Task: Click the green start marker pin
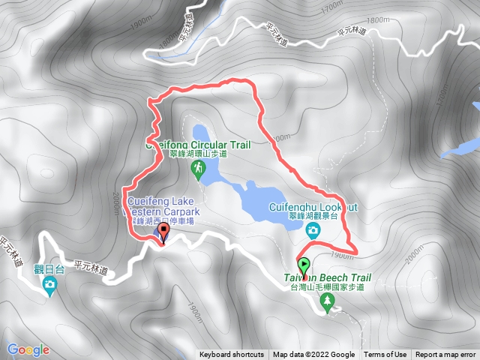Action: [x=304, y=266]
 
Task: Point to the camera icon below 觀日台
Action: [x=49, y=283]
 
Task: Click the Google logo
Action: [x=28, y=349]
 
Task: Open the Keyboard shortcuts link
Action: [x=231, y=355]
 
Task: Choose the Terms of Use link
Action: [x=385, y=355]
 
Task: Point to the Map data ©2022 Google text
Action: [x=313, y=355]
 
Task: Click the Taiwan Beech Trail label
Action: [x=327, y=277]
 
